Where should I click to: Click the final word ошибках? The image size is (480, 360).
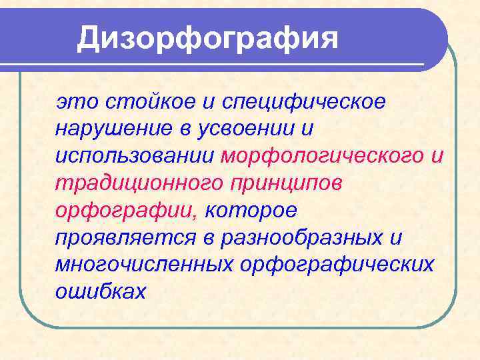[101, 291]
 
